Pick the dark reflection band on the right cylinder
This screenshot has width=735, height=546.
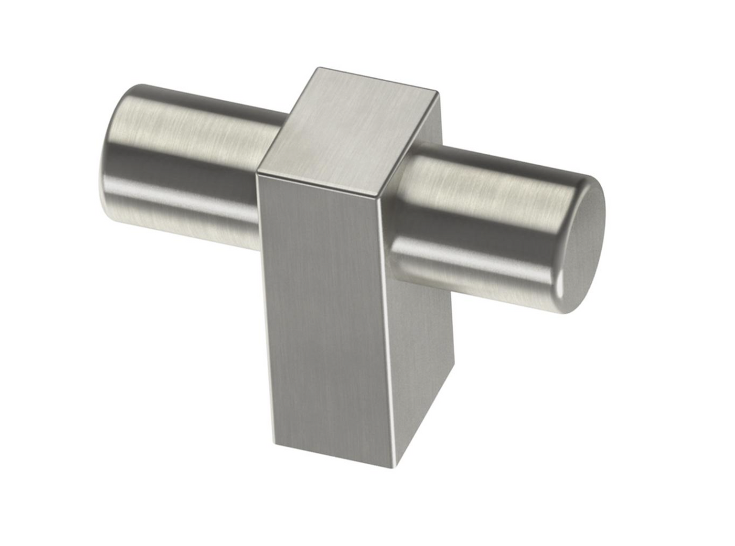(478, 224)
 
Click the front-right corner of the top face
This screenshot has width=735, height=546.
(382, 197)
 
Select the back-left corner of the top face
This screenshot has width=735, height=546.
(316, 68)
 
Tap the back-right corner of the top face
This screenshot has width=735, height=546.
(437, 93)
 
